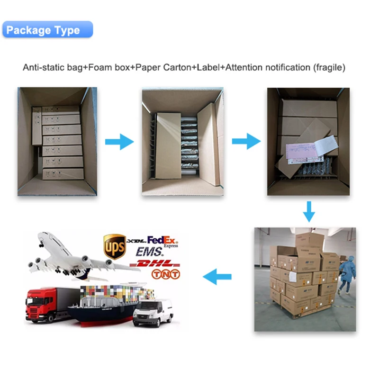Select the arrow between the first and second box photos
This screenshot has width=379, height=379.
pyautogui.click(x=119, y=141)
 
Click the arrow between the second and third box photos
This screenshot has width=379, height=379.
pyautogui.click(x=246, y=141)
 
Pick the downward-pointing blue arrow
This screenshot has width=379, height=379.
pyautogui.click(x=309, y=211)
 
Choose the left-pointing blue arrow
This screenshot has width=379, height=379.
pyautogui.click(x=217, y=277)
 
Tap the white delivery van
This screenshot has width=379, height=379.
pyautogui.click(x=152, y=312)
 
